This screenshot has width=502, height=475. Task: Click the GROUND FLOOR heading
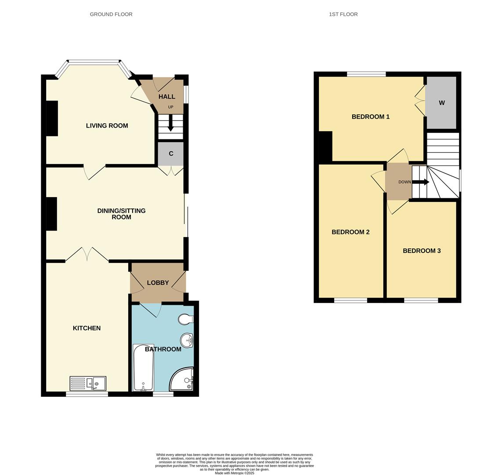pos(111,14)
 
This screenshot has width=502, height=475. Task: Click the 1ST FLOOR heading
pos(343,14)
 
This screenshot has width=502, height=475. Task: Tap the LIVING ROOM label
pos(107,125)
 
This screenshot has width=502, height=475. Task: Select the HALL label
pos(167,97)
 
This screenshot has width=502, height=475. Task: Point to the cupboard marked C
pos(171,153)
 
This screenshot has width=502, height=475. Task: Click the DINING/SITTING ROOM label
pos(121,214)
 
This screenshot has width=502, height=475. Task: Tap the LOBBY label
pos(158,283)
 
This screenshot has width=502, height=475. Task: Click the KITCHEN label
pos(87,328)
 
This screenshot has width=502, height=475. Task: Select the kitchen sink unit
pos(88,384)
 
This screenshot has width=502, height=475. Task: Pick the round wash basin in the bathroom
pos(187,340)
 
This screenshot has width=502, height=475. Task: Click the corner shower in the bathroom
pos(182,380)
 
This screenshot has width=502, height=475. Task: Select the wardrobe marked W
pos(441,103)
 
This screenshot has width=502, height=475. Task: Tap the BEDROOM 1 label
pos(370,117)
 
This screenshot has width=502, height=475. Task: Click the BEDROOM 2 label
pos(350,232)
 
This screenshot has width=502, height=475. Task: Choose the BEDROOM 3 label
pos(422,251)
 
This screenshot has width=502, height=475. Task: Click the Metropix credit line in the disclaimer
pos(235,473)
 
